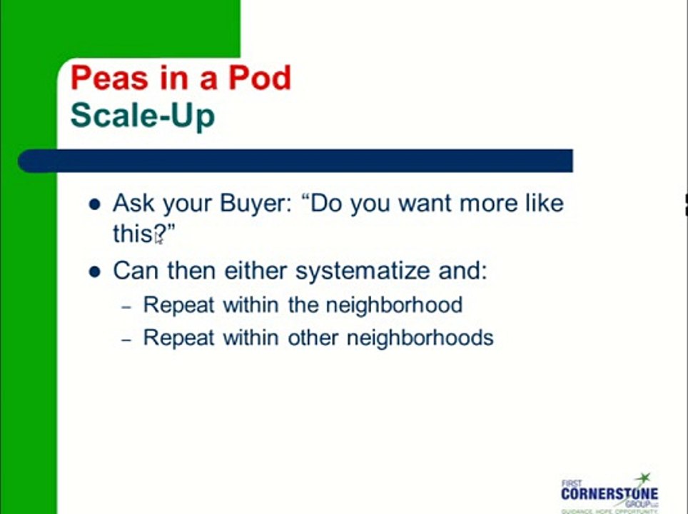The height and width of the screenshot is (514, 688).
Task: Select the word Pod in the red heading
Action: point(260,77)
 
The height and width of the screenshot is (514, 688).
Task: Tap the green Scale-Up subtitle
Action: point(143,115)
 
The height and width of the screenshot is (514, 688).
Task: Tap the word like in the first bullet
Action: point(543,203)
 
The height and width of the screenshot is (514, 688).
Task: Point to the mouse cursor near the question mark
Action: point(158,238)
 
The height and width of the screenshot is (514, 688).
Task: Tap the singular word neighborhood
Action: point(394,305)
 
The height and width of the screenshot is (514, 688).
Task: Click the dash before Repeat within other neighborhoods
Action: point(126,340)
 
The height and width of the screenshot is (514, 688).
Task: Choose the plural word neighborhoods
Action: point(420,337)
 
